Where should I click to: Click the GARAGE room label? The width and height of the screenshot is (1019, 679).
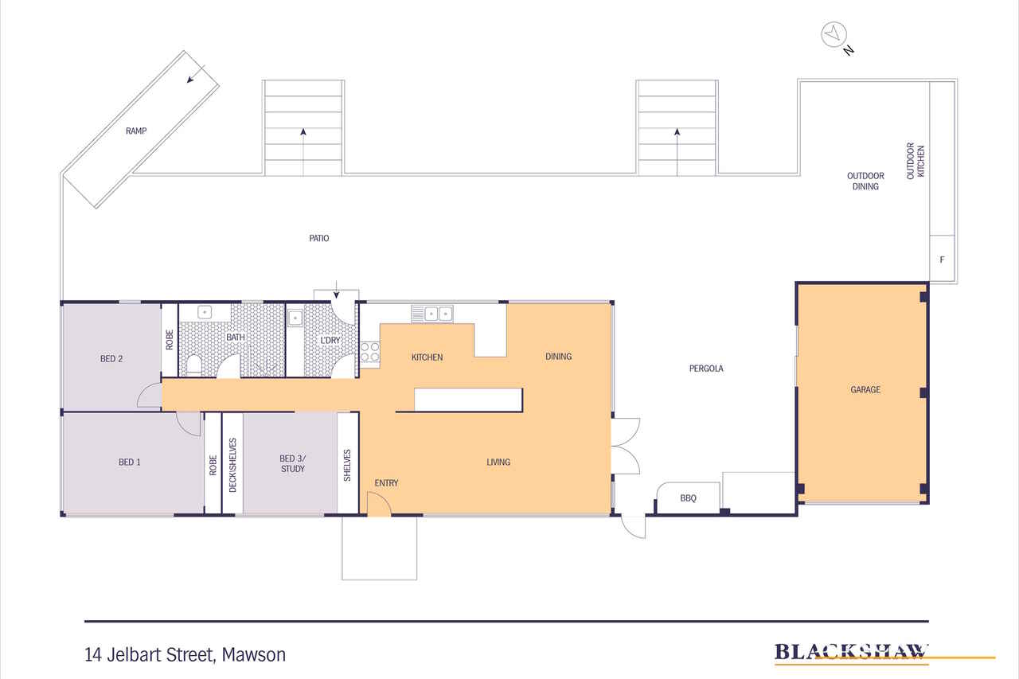point(865,390)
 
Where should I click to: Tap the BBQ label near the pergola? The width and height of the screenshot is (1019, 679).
point(688,498)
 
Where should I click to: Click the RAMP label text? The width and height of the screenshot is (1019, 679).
point(135,131)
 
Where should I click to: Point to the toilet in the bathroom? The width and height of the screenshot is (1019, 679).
point(193,365)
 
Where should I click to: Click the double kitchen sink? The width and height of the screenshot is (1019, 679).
point(431,314)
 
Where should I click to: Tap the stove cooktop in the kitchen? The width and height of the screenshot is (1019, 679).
point(370,351)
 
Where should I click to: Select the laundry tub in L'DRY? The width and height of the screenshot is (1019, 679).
point(295,318)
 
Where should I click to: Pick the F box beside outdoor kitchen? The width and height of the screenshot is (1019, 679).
point(943,260)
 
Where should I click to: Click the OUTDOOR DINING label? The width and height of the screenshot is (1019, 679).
point(865,181)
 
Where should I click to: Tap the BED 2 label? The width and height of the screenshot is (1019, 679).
point(111,358)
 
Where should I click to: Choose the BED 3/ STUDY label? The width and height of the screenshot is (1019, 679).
point(292,463)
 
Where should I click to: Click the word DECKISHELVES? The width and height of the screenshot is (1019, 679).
point(232,465)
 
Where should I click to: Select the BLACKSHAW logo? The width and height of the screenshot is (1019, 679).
point(851,653)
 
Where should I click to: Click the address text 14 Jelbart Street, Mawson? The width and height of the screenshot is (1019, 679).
point(185,655)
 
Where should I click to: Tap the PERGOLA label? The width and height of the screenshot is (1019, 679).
point(706,369)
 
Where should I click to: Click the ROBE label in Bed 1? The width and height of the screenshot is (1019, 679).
point(213,465)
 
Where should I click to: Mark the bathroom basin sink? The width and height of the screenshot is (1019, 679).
point(204,313)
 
